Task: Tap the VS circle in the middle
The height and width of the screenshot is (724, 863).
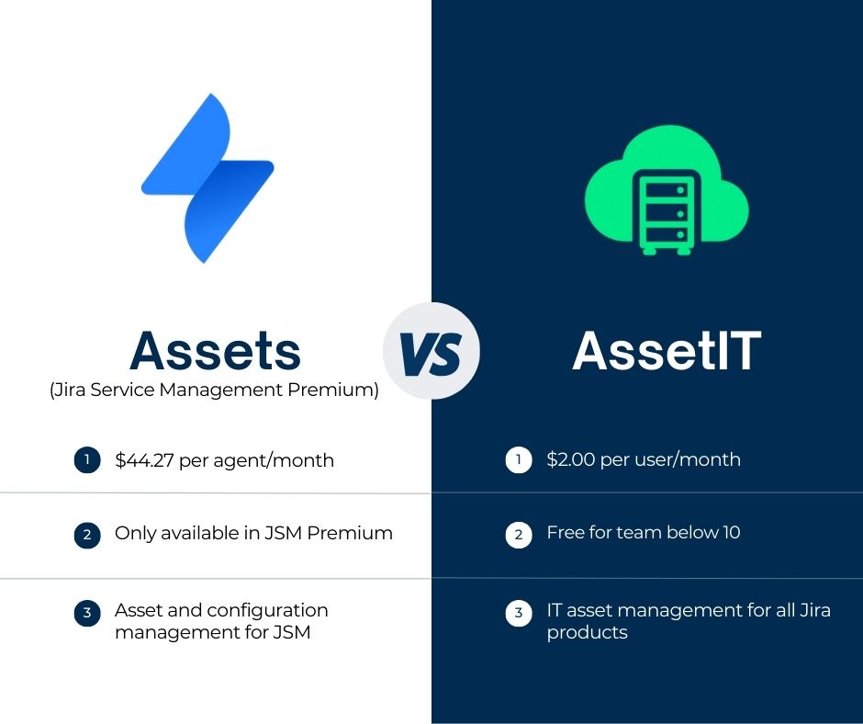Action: (x=431, y=350)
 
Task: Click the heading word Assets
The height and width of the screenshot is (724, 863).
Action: (x=216, y=350)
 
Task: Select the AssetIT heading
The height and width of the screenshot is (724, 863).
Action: (x=667, y=350)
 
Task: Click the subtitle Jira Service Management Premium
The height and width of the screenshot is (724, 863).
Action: (x=214, y=390)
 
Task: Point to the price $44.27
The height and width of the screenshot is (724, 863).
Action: (x=144, y=460)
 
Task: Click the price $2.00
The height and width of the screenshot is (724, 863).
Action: (x=570, y=459)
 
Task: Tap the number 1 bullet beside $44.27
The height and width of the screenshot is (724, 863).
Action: (x=86, y=460)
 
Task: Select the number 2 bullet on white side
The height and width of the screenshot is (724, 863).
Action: (x=86, y=534)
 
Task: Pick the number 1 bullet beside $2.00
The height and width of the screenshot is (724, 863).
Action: (x=519, y=460)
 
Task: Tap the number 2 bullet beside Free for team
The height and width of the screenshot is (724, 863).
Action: (x=519, y=534)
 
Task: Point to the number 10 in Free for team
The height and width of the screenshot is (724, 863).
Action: (x=730, y=533)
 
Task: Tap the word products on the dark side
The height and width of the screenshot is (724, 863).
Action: (x=587, y=633)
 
